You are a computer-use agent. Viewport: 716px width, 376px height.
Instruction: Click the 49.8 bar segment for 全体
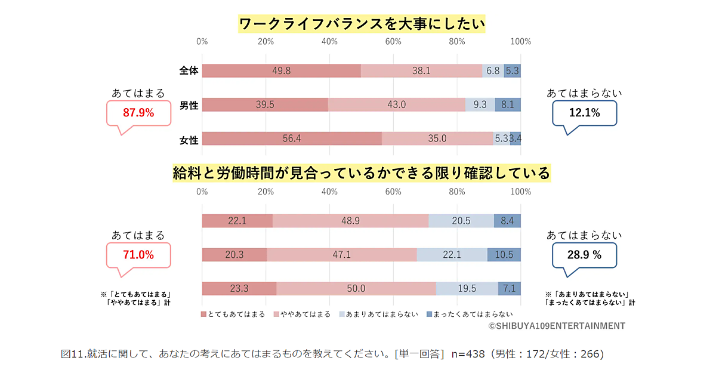(x=281, y=70)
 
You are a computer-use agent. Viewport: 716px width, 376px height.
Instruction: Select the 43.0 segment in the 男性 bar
(x=397, y=104)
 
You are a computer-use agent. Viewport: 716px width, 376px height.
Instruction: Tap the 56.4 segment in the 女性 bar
(x=291, y=138)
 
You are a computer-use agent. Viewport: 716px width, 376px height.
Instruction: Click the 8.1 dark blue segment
(x=508, y=104)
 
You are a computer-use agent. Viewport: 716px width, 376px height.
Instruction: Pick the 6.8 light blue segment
(x=493, y=70)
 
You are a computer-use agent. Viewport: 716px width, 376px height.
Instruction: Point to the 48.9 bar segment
(x=350, y=221)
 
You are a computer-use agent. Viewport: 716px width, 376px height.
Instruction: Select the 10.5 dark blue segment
(x=504, y=255)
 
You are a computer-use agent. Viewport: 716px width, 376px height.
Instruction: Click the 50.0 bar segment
(x=356, y=289)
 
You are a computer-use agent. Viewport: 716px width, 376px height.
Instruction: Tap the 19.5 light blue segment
(x=467, y=289)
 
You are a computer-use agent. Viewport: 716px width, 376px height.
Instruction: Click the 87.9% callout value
(x=138, y=113)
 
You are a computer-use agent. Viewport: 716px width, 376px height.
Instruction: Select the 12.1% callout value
(x=584, y=112)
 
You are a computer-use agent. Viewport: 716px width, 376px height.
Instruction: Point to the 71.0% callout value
(x=138, y=255)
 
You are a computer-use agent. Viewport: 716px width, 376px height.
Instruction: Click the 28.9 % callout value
(x=584, y=255)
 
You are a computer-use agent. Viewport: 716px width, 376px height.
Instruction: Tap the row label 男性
(x=189, y=106)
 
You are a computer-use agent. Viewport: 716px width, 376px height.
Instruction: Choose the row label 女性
(x=189, y=140)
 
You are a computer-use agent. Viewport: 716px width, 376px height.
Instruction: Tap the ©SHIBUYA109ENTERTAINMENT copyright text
(x=556, y=326)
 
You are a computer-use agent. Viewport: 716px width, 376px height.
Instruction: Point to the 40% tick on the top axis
(x=329, y=42)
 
